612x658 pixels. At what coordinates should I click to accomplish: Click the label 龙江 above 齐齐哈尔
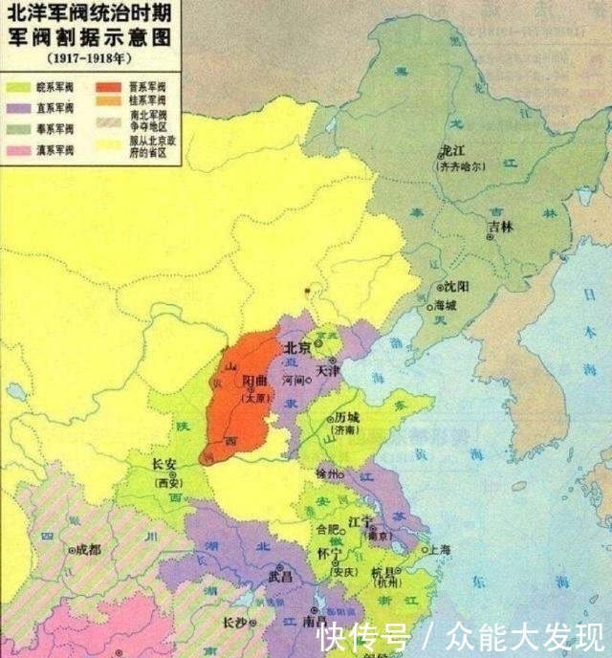(x=451, y=150)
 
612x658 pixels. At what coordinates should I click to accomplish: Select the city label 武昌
(x=281, y=577)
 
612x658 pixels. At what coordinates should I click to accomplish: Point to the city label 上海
(x=441, y=550)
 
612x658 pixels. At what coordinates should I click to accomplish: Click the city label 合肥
(x=327, y=528)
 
